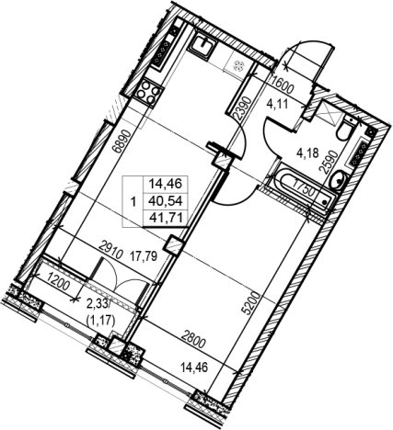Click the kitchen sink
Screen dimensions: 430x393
click(202, 46)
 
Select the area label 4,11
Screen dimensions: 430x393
click(277, 105)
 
